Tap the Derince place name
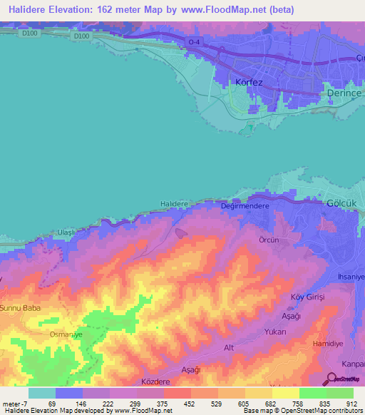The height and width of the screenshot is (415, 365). (345, 93)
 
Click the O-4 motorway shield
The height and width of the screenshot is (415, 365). (194, 43)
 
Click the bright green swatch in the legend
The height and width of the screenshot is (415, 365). (312, 393)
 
